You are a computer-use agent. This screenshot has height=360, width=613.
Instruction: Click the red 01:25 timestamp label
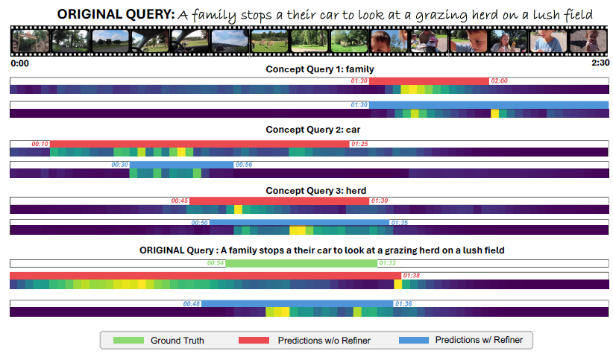(359, 143)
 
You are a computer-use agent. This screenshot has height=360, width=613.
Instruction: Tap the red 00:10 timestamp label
(40, 143)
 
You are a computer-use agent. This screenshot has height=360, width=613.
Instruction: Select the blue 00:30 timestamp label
(119, 165)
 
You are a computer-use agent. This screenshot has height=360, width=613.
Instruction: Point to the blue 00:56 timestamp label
(244, 165)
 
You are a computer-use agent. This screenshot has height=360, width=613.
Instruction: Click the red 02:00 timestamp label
(499, 80)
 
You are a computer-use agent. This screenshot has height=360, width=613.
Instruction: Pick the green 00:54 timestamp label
(216, 263)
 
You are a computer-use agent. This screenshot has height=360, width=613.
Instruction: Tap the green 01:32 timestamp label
(388, 263)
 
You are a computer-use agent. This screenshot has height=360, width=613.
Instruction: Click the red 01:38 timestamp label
(412, 276)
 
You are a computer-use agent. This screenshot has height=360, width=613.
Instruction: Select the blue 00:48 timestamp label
(192, 303)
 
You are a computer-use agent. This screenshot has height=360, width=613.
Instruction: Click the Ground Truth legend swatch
(128, 341)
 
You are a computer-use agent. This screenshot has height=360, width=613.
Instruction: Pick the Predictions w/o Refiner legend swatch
(254, 341)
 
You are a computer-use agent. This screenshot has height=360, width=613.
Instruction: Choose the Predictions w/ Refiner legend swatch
(414, 341)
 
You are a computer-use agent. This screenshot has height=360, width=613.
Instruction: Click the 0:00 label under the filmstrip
(20, 63)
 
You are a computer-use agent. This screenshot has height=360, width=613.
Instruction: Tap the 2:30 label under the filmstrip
(600, 63)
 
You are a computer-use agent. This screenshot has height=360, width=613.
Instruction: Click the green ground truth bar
(301, 263)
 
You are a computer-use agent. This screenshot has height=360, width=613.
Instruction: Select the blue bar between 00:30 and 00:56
(182, 165)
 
